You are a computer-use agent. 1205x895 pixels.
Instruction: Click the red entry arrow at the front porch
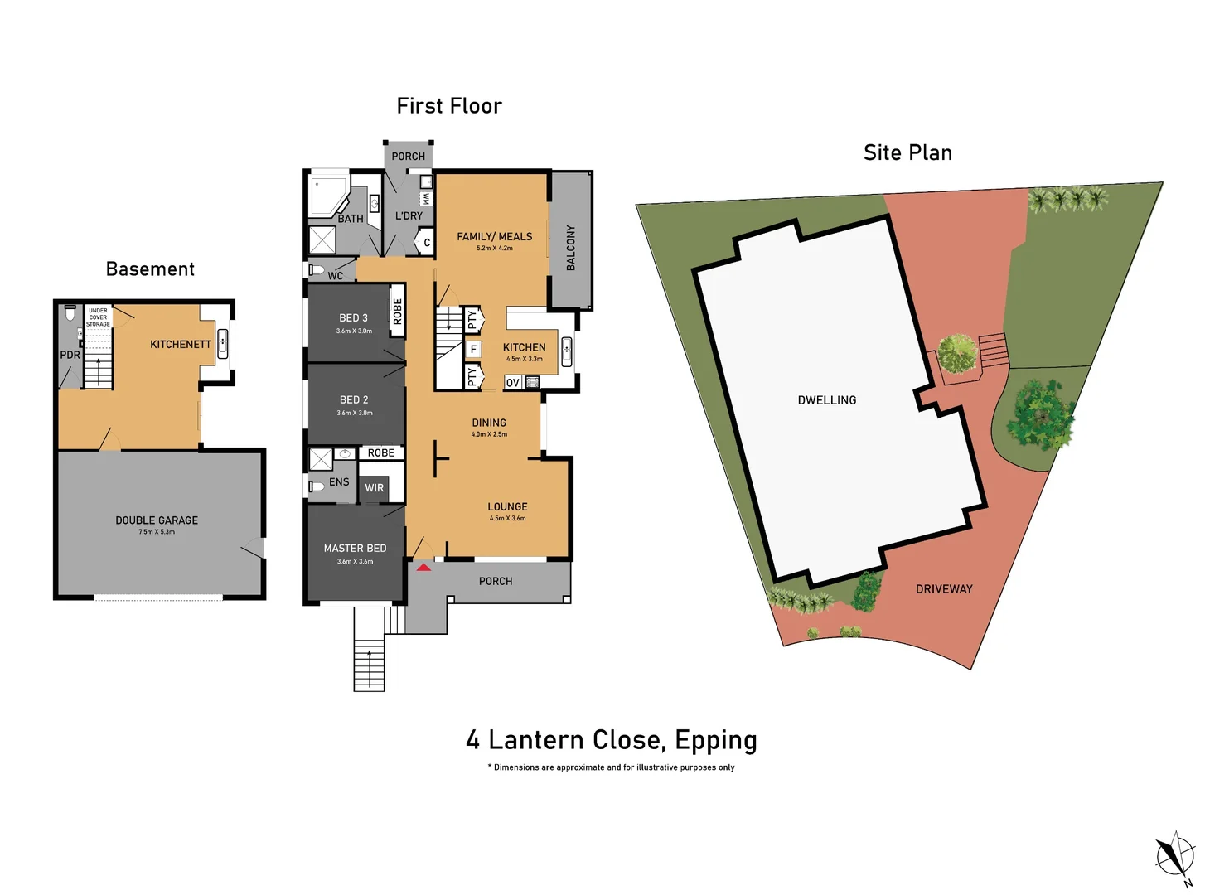pos(423,568)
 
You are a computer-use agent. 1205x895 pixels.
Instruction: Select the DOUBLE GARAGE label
pos(157,520)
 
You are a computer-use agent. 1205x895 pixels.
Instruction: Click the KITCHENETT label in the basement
pos(181,344)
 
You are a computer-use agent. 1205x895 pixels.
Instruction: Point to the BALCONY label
pos(570,248)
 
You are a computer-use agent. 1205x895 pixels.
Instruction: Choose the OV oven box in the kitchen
pos(512,383)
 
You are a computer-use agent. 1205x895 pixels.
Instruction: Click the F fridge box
pos(473,350)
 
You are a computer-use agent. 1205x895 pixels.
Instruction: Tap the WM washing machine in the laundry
pos(426,198)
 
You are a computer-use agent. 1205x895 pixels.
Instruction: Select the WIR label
pos(374,488)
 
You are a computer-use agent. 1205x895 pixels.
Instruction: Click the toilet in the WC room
pos(317,269)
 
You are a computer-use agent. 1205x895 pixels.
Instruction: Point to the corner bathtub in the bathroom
pos(329,195)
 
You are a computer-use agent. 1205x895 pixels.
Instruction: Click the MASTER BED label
pos(355,549)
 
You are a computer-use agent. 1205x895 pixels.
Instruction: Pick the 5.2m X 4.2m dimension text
pos(495,249)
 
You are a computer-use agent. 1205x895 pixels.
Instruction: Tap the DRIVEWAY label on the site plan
pos(944,589)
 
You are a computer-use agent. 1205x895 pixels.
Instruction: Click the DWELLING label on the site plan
pos(826,400)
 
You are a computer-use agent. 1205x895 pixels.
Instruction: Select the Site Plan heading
pos(907,152)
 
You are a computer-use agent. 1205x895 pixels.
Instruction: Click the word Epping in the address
pos(715,741)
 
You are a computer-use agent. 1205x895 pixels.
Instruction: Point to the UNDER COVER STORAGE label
pos(98,317)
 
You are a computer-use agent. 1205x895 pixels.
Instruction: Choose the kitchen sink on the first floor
pos(566,351)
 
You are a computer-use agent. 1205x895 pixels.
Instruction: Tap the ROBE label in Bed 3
pos(397,312)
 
